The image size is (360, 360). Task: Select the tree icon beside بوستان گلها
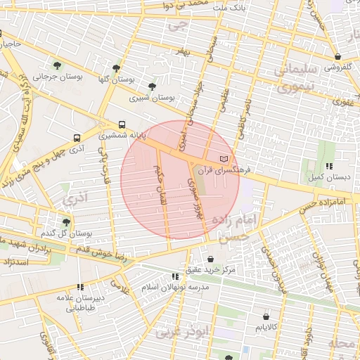(x=115, y=69)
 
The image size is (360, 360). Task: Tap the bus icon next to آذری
(x=77, y=138)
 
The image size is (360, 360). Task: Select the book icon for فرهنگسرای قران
(x=224, y=160)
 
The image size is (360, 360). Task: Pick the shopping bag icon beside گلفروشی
(x=338, y=56)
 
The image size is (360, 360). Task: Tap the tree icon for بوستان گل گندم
(x=67, y=222)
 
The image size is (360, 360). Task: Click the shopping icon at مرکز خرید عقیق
(x=211, y=259)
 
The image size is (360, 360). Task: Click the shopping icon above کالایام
(x=266, y=316)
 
